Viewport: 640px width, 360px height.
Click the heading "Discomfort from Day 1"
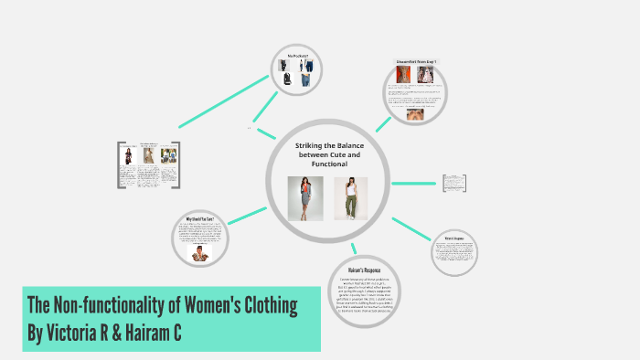tap(416, 61)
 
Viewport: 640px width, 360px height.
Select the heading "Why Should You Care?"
tap(200, 218)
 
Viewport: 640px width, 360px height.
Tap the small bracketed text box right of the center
tap(455, 183)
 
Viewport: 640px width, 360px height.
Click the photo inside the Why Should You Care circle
tap(200, 252)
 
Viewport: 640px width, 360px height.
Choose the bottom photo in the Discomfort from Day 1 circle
tap(415, 116)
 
